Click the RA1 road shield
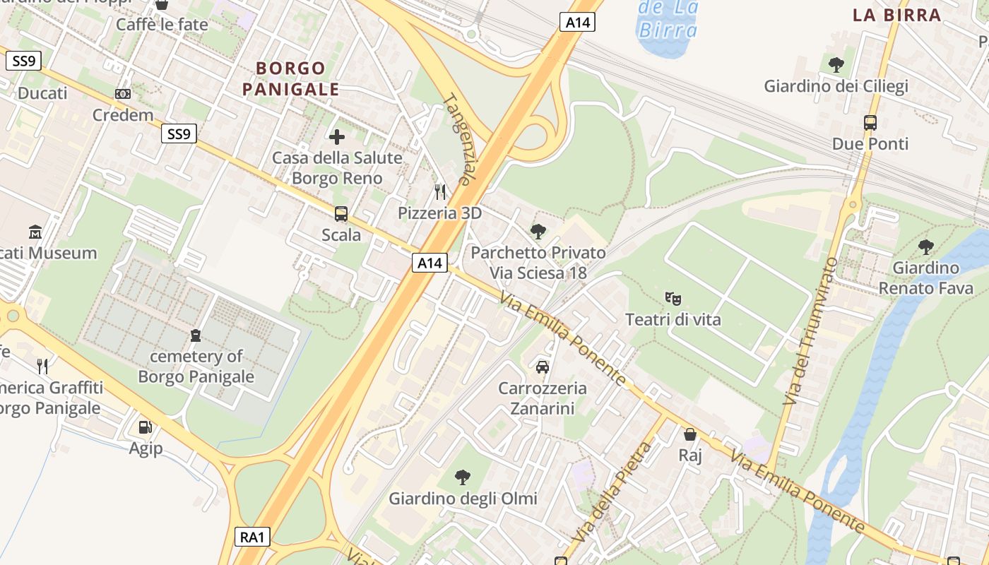click(x=252, y=537)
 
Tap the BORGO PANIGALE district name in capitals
click(x=291, y=78)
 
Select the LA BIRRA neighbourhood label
click(x=896, y=15)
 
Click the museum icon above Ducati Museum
click(x=35, y=232)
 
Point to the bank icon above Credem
click(x=123, y=94)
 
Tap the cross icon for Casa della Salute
click(x=337, y=136)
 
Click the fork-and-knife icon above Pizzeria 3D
click(x=440, y=191)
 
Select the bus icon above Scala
click(x=341, y=213)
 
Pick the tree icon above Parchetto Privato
click(x=538, y=231)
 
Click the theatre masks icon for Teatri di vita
click(x=673, y=299)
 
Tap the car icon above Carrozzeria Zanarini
click(x=542, y=367)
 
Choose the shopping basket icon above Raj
click(x=689, y=434)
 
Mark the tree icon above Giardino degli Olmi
click(x=463, y=477)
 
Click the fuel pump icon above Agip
click(x=146, y=427)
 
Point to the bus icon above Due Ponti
click(x=870, y=123)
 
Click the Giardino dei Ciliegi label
click(x=836, y=86)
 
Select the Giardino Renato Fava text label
click(x=925, y=278)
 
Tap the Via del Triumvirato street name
click(x=810, y=331)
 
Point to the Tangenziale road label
click(x=457, y=139)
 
